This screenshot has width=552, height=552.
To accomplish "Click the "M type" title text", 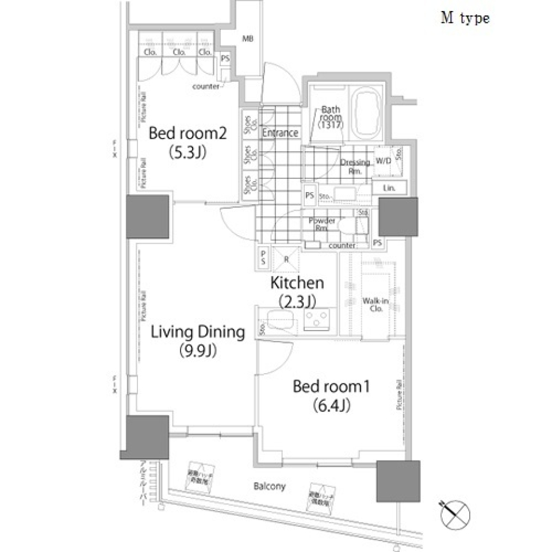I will pos(465,18).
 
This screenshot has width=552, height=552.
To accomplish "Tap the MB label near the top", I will pos(247,39).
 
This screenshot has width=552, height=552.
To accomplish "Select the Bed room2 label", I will pos(187,134).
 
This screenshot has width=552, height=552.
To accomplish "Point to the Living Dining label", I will pos(198,332).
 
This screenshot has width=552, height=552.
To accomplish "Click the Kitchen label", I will pos(297,283).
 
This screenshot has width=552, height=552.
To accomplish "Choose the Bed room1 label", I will pos(331,386).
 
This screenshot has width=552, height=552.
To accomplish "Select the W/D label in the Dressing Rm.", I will pos(383,161).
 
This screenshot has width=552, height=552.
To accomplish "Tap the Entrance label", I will pos(280,133).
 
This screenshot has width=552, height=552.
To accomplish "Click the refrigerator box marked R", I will pos(286,259).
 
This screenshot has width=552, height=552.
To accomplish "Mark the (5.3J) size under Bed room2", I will pos(187,153).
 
